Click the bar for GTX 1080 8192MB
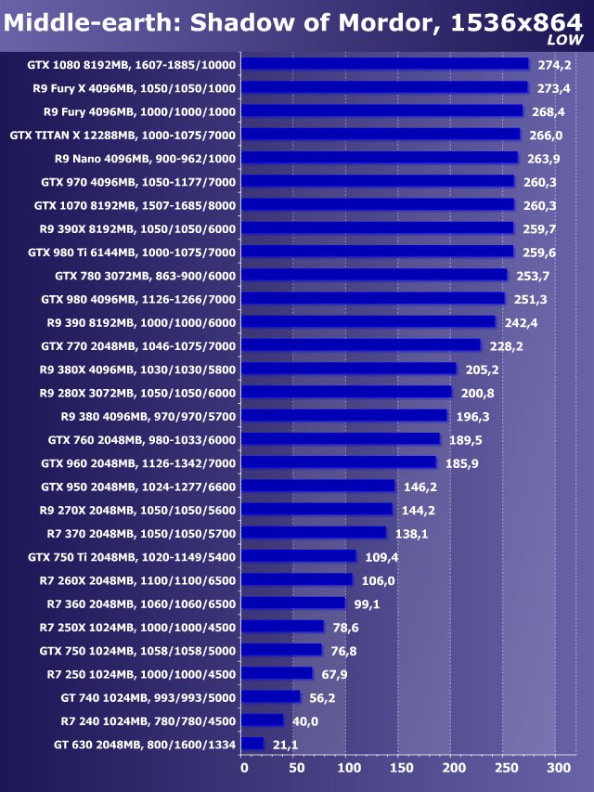384,64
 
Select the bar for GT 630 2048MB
252,744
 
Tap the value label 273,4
554,88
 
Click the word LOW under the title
565,40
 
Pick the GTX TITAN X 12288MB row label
123,135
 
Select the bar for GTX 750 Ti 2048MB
298,556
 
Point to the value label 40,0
305,721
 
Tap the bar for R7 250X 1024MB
282,627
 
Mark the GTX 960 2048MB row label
138,462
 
